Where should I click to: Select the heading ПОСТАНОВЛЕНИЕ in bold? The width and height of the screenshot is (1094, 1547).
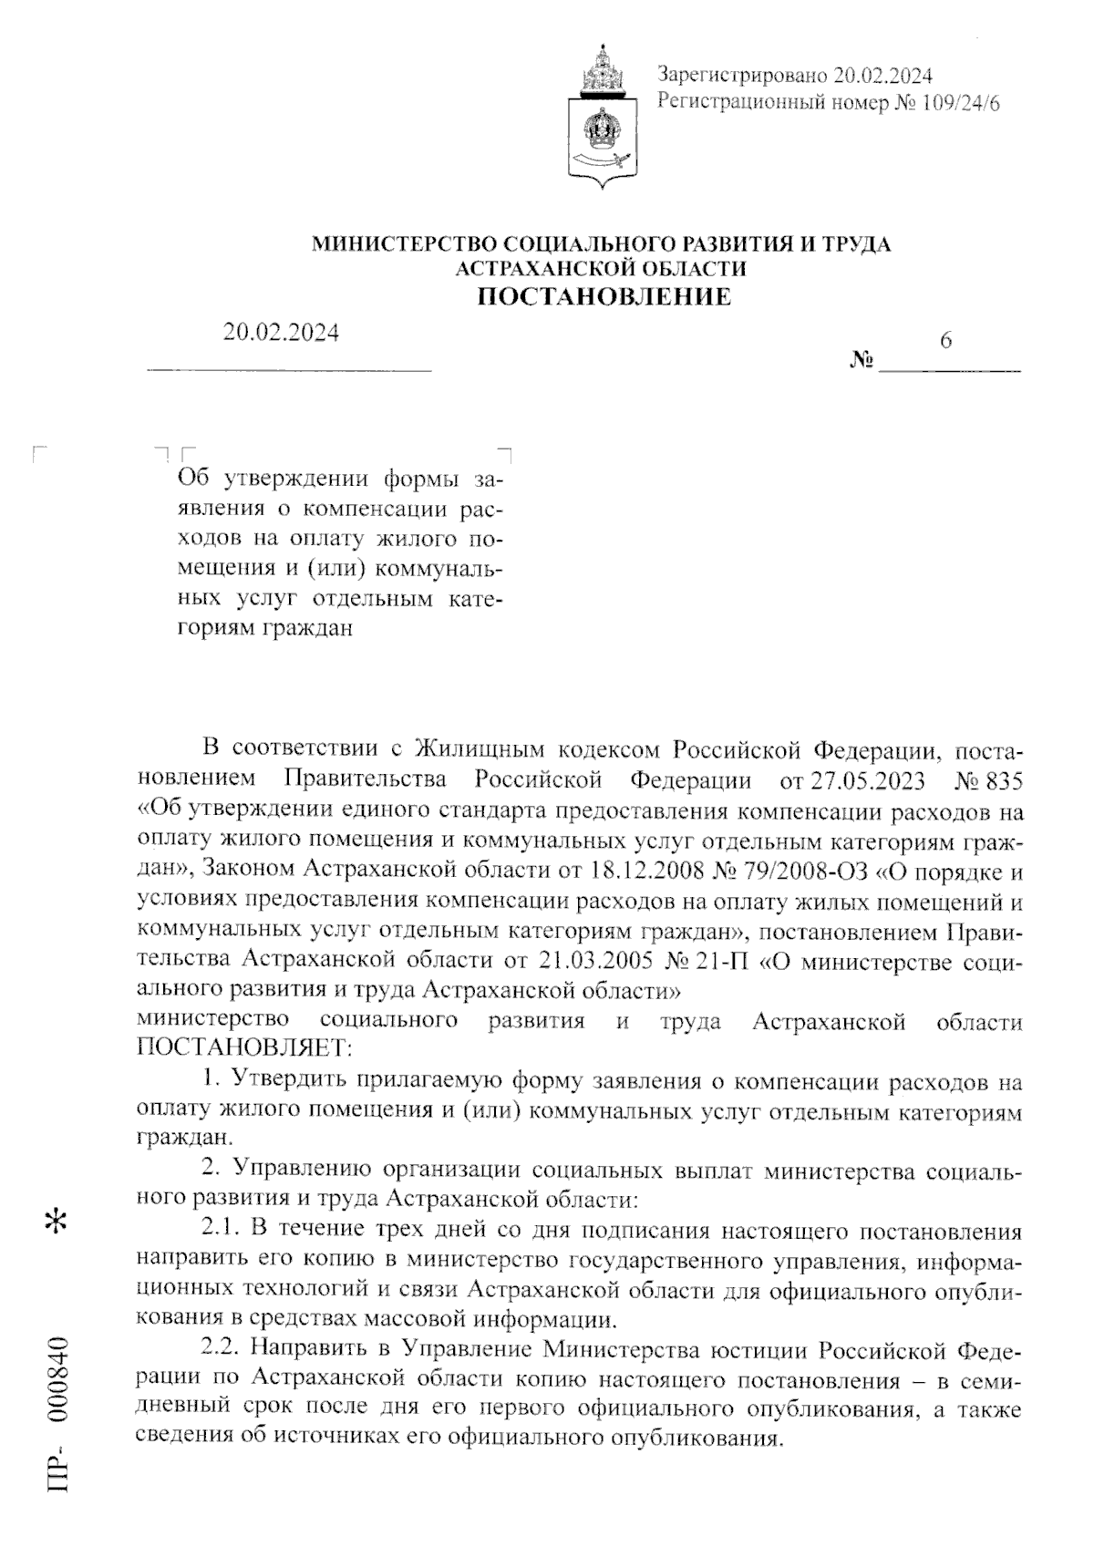pos(605,296)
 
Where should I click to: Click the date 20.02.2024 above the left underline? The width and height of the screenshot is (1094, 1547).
pos(281,334)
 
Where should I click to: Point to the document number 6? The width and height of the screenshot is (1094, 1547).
pos(945,340)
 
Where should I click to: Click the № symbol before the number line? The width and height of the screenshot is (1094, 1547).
pos(861,361)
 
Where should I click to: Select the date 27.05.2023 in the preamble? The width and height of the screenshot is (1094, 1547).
pos(864,781)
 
